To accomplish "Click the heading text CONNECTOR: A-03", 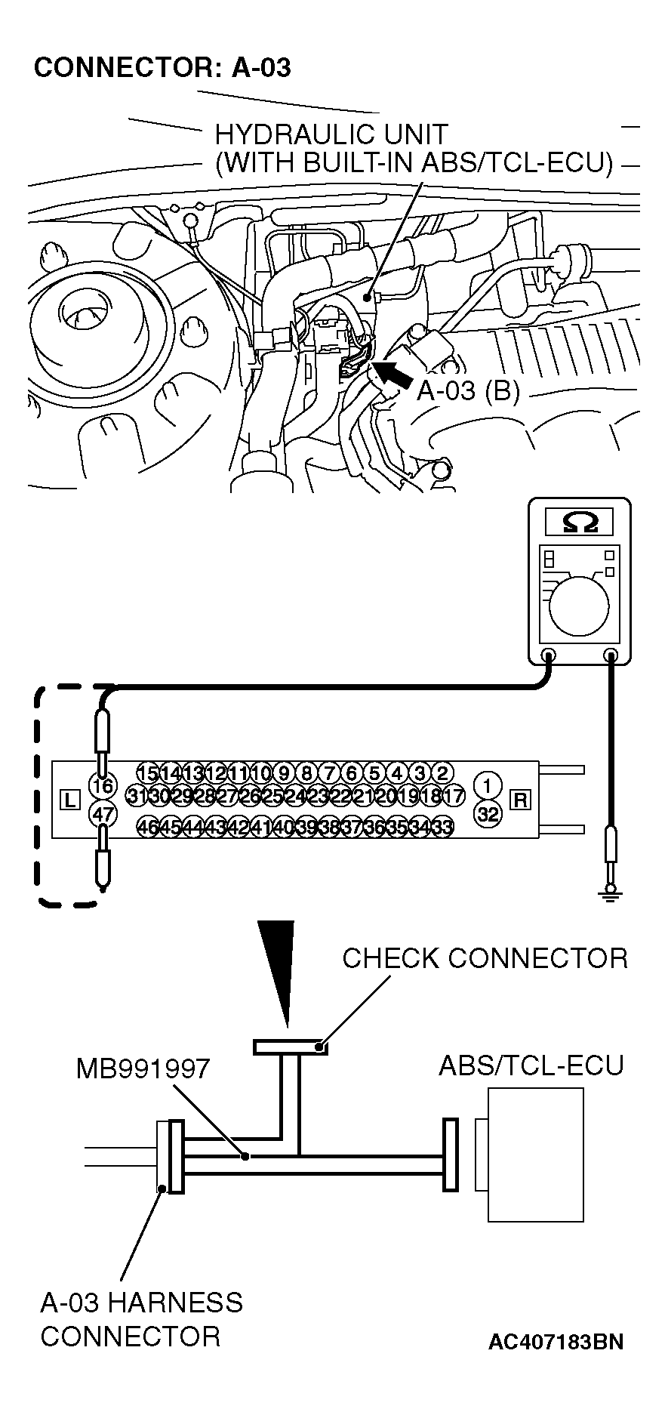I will pyautogui.click(x=162, y=68).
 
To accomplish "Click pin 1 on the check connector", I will pyautogui.click(x=488, y=786).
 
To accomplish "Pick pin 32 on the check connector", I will pyautogui.click(x=488, y=814).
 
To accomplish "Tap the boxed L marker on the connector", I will pyautogui.click(x=69, y=800).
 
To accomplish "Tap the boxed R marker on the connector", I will pyautogui.click(x=520, y=800).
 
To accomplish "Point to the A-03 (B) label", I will pyautogui.click(x=468, y=391).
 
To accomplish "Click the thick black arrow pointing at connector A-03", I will pyautogui.click(x=392, y=373).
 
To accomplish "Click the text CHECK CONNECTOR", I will pyautogui.click(x=485, y=958).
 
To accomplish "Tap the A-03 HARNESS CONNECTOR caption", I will pyautogui.click(x=141, y=1319).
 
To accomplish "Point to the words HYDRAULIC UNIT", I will pyautogui.click(x=331, y=135).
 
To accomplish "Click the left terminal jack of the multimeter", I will pyautogui.click(x=549, y=655).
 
